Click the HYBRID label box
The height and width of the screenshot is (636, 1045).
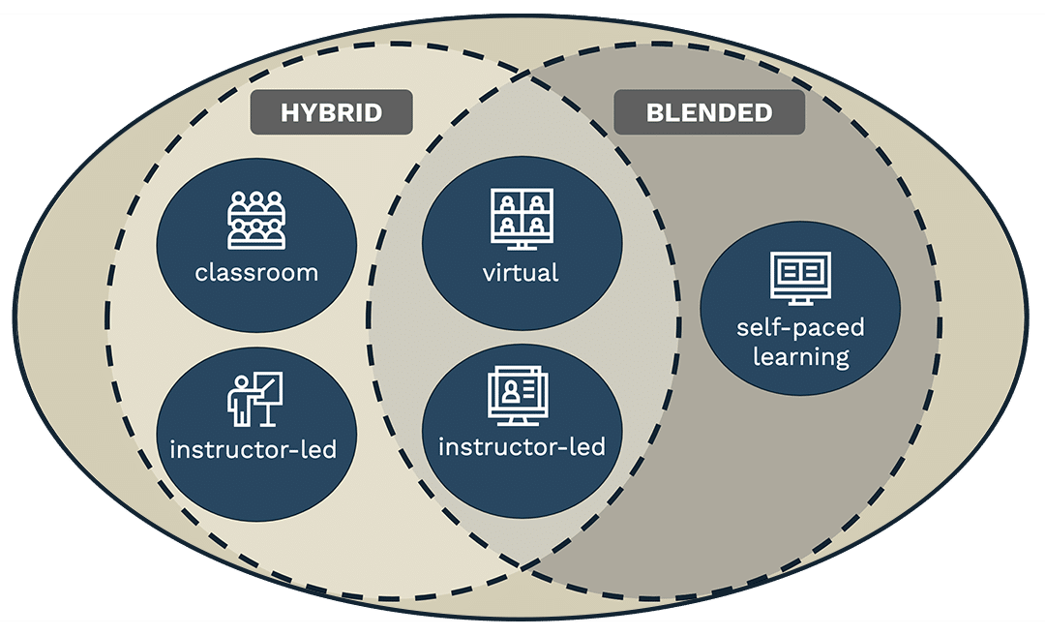tap(331, 112)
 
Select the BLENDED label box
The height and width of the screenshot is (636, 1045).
tap(709, 112)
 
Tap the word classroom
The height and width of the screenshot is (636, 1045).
tap(256, 272)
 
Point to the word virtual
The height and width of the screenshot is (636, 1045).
tap(521, 272)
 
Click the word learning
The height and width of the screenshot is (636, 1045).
tap(799, 356)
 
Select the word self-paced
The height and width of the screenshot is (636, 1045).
tap(799, 326)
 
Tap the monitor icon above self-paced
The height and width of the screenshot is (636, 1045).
tap(799, 278)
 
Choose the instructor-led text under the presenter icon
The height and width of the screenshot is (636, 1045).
tap(254, 450)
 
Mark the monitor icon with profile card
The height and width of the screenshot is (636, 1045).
tap(519, 397)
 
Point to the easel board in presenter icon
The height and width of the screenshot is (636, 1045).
tap(270, 393)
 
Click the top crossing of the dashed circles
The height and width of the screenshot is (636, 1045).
tap(522, 72)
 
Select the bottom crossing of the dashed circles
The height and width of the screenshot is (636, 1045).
tap(522, 564)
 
